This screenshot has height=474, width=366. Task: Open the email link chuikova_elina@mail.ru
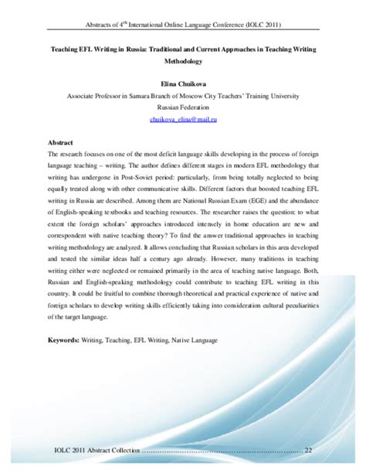[182, 120]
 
